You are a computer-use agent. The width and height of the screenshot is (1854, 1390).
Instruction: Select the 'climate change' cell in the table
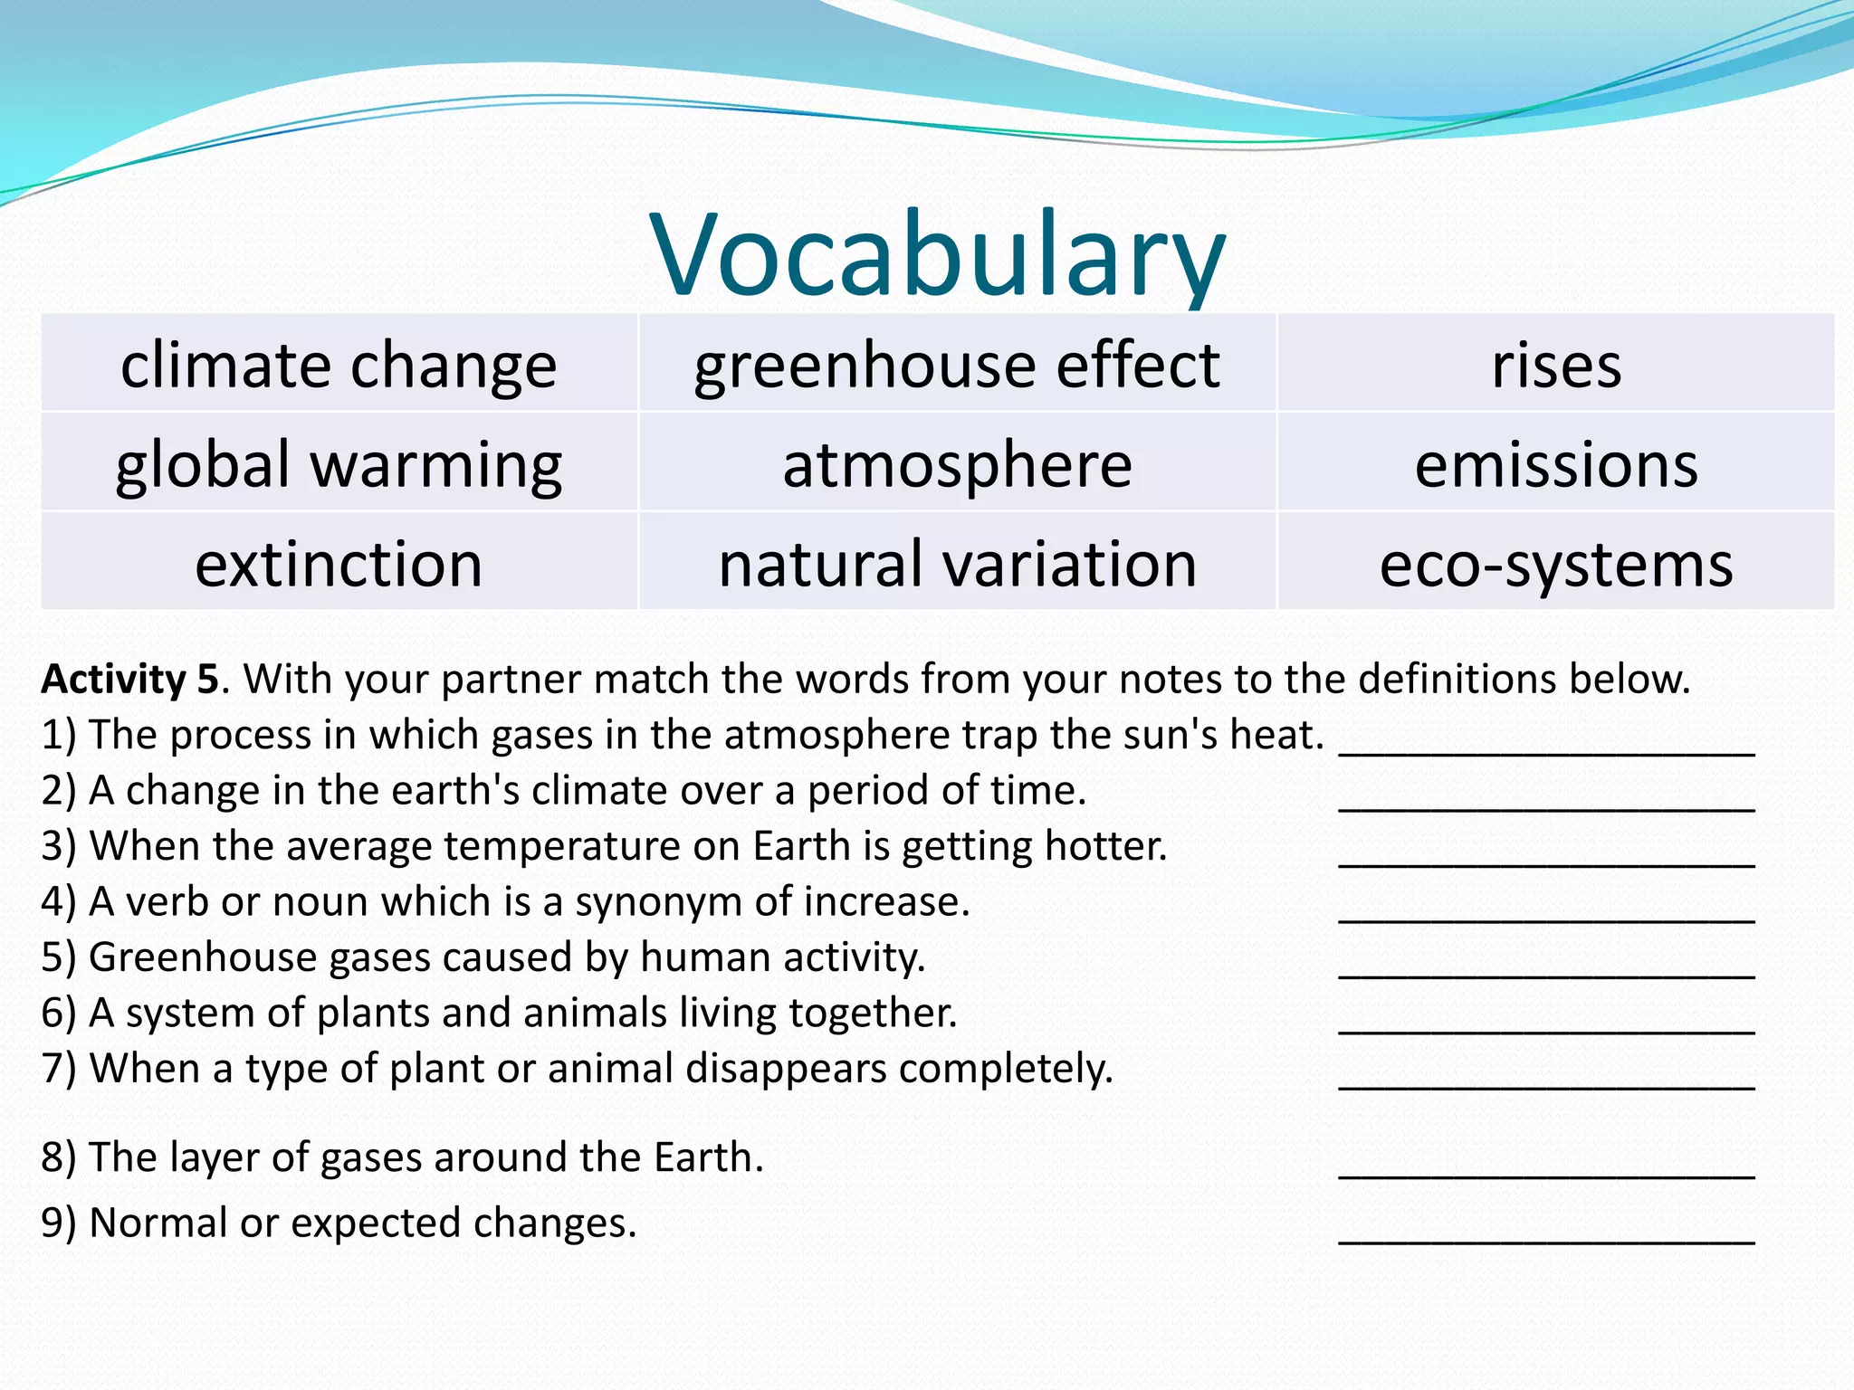tap(339, 365)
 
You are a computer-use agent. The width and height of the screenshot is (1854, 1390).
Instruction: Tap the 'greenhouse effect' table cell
tap(957, 365)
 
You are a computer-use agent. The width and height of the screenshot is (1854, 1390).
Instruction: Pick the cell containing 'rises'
tap(1556, 365)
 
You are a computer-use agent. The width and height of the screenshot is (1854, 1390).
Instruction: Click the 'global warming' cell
tap(339, 464)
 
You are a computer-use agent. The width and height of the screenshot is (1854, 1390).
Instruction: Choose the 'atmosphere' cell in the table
tap(957, 464)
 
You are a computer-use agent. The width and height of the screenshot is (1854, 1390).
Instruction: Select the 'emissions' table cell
tap(1556, 464)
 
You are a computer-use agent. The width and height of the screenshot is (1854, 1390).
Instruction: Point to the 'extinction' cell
tap(339, 564)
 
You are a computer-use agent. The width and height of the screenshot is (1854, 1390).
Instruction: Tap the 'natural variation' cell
tap(957, 564)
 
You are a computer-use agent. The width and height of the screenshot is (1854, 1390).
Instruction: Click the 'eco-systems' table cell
tap(1556, 564)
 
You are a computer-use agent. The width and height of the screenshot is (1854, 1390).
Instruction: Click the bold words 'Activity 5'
tap(129, 679)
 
